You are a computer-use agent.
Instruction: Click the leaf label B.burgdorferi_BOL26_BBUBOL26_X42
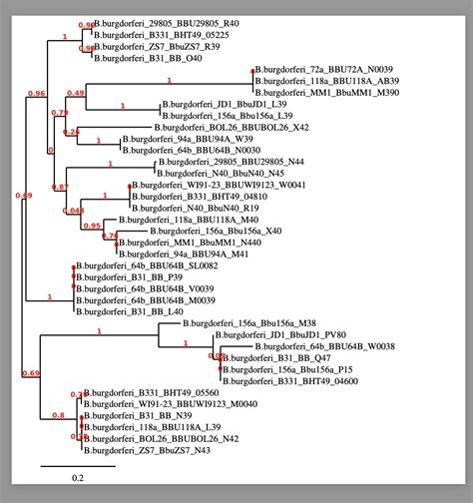click(x=232, y=128)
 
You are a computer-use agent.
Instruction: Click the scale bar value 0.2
click(x=78, y=477)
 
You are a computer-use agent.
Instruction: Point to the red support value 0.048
click(x=72, y=211)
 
